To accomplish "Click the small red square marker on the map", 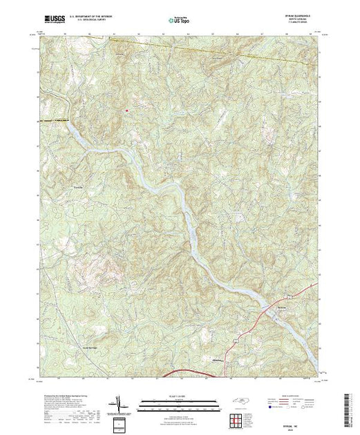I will (127, 109).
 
